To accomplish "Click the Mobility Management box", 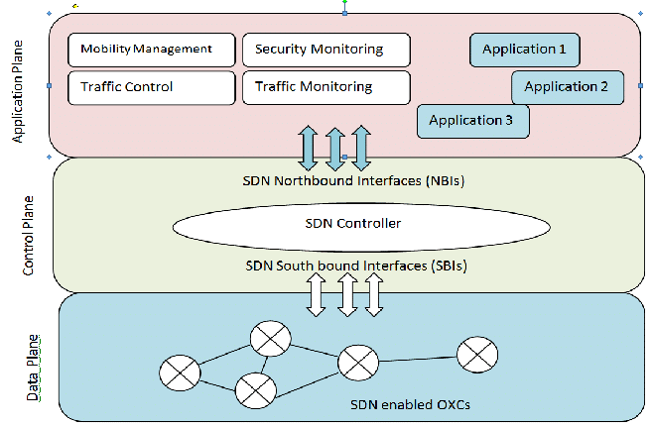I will point(152,50).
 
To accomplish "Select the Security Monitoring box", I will point(326,50).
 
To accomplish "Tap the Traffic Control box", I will point(152,87).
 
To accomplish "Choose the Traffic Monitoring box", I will point(326,87).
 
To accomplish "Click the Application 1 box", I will point(524,50).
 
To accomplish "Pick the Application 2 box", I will point(568,86).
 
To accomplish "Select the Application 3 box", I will point(473,121).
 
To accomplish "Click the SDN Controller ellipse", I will point(360,224).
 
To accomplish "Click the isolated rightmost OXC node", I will point(476,353).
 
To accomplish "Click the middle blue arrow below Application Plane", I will point(335,148).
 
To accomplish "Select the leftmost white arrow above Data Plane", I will point(317,295).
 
